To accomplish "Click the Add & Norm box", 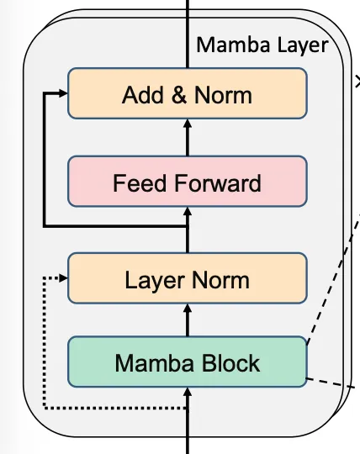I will pyautogui.click(x=187, y=93).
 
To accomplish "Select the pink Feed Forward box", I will pyautogui.click(x=187, y=182).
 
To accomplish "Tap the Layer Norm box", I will pyautogui.click(x=187, y=279).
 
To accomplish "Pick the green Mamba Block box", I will pyautogui.click(x=187, y=362).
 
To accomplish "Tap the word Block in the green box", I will pyautogui.click(x=230, y=362).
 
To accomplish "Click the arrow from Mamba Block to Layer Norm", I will pyautogui.click(x=187, y=320).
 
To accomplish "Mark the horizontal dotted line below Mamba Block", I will pyautogui.click(x=114, y=408).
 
